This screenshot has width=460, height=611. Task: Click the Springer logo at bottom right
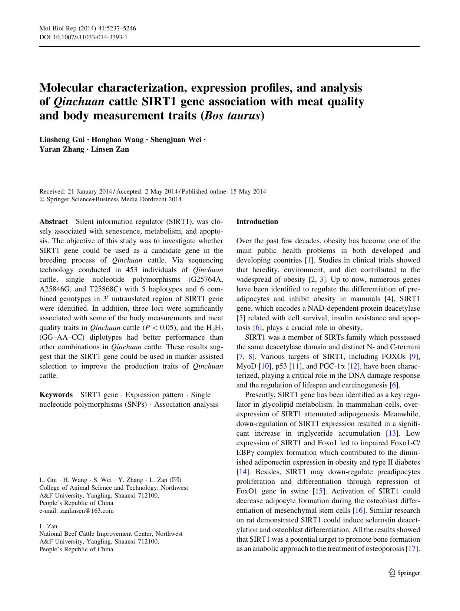[404, 573]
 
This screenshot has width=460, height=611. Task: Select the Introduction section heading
[257, 222]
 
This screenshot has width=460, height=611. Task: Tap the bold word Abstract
[54, 222]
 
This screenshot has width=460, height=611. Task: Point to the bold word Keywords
[56, 395]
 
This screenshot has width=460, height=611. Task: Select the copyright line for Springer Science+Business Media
[110, 199]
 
